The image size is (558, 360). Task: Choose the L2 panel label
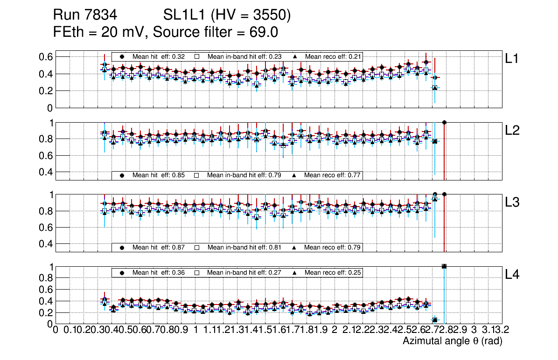pos(513,131)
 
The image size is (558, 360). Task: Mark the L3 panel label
pos(513,202)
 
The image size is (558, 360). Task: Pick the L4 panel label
pos(513,275)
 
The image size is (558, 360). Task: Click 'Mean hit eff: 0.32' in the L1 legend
pos(152,56)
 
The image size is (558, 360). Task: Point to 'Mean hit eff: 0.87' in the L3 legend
pos(152,247)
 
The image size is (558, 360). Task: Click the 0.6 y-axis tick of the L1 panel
pos(46,57)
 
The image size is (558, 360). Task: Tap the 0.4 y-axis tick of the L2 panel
pos(46,172)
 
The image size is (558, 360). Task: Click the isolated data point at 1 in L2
pos(444,122)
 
